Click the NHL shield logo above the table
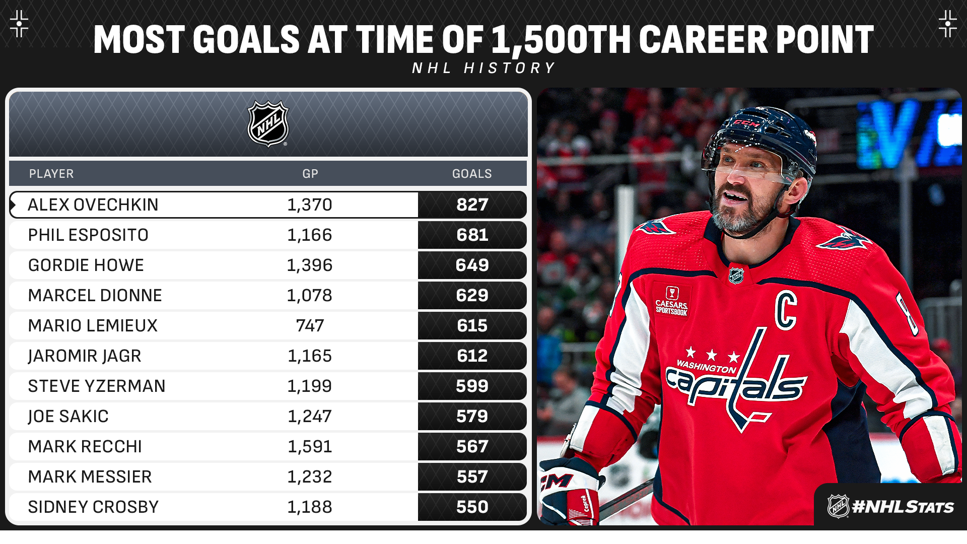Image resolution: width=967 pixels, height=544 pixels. pos(268,124)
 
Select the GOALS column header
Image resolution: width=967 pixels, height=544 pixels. pos(471,174)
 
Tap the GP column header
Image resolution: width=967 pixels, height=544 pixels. pos(310,174)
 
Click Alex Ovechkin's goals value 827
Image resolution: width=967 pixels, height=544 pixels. pos(472,205)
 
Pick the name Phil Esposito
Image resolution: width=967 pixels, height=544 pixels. pos(88,235)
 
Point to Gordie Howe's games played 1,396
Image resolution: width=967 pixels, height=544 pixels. pos(309,265)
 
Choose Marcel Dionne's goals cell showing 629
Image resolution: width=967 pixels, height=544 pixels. pos(472,296)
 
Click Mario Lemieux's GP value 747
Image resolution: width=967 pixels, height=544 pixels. pos(310,326)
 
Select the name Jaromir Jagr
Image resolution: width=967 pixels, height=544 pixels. pos(84,356)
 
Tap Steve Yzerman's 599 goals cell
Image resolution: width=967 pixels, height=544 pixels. pos(472,386)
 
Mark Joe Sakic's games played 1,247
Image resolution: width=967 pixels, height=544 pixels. pos(309,417)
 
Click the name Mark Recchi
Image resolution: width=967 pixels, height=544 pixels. pos(85,447)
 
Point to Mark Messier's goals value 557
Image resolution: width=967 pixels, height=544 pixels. pos(472,477)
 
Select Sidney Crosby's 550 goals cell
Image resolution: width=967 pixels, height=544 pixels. pos(472,507)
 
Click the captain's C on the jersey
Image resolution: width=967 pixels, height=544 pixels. pos(786,310)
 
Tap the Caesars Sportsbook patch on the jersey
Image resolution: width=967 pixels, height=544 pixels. pos(671,301)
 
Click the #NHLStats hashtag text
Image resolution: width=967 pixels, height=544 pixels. pos(903,507)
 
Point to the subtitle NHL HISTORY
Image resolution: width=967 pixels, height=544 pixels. pos(483,68)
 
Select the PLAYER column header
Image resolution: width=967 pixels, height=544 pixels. pos(51,174)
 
